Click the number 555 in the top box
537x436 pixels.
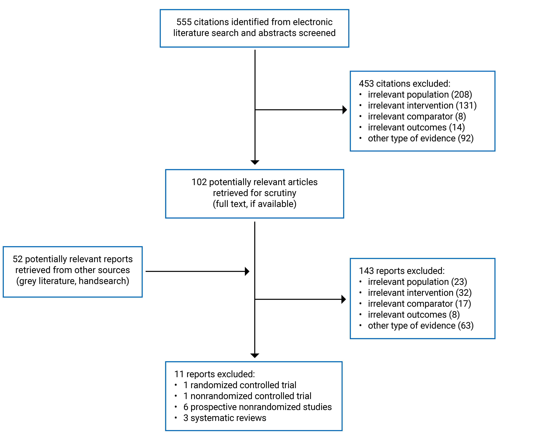pyautogui.click(x=184, y=22)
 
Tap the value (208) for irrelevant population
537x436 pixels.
pyautogui.click(x=461, y=95)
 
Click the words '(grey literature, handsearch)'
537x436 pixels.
pyautogui.click(x=73, y=281)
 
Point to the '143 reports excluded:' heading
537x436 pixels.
pyautogui.click(x=402, y=271)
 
